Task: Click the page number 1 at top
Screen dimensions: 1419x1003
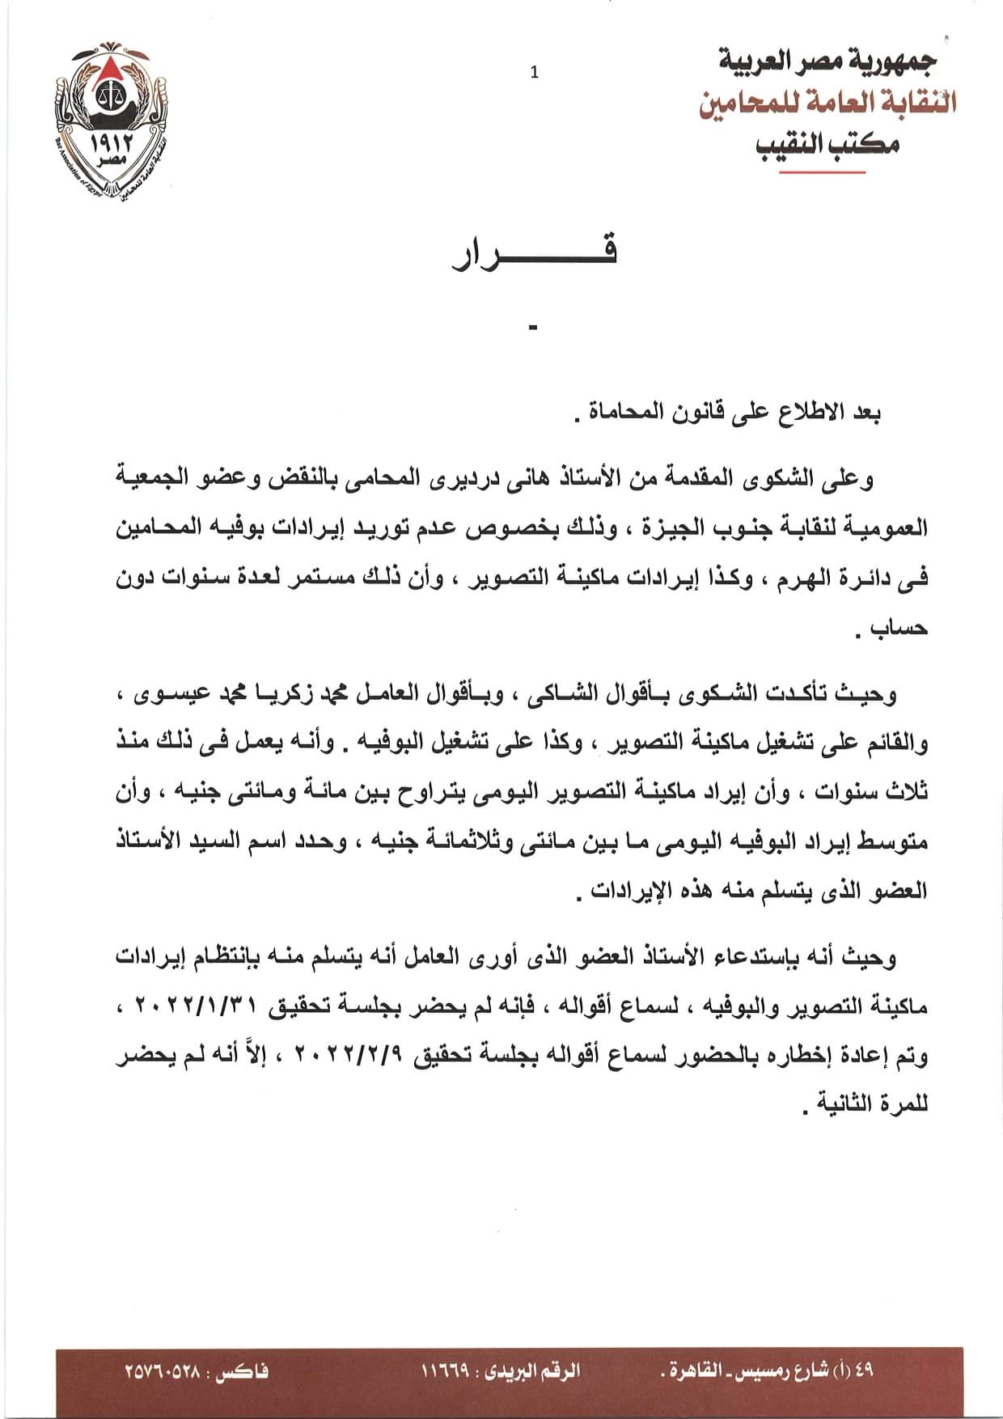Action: [534, 73]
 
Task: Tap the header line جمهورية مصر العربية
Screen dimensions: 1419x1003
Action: [827, 60]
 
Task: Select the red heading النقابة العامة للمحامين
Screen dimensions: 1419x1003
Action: [827, 102]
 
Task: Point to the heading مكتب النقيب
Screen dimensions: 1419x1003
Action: [827, 144]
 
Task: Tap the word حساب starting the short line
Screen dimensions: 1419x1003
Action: [899, 629]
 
